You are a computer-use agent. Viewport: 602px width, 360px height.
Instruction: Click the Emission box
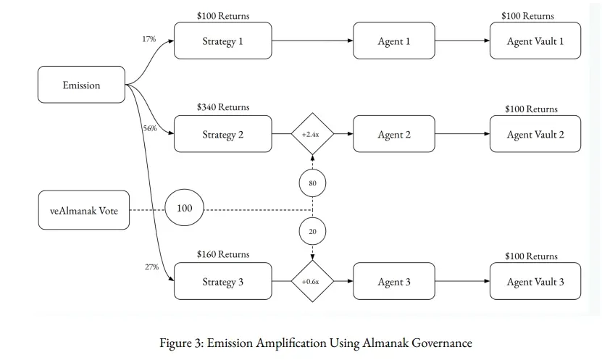pos(81,85)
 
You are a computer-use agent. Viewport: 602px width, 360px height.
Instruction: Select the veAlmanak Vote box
pos(84,210)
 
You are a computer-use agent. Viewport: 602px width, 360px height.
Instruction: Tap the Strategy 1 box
pos(222,41)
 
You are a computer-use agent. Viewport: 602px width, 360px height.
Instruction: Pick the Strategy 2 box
pos(222,134)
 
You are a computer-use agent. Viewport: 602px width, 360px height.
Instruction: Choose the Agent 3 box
pos(394,281)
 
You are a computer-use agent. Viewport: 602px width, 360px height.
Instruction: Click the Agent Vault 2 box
pos(535,134)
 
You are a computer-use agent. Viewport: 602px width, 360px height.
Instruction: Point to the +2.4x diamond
pos(312,134)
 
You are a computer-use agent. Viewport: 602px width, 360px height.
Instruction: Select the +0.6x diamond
pos(312,281)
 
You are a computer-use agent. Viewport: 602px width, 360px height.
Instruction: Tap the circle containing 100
pos(184,208)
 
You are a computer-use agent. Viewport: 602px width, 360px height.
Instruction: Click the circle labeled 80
pos(312,183)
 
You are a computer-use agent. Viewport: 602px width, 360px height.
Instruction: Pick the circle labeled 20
pos(312,232)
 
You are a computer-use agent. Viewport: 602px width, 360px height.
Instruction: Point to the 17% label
pos(149,39)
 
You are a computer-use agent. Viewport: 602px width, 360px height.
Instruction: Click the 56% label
pos(150,128)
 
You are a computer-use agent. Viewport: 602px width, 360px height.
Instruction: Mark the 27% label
pos(151,267)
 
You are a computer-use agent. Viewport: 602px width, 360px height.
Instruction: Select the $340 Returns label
pos(223,107)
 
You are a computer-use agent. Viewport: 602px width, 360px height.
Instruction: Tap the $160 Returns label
pos(223,254)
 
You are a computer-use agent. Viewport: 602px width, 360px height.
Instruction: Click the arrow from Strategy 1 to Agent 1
pos(312,41)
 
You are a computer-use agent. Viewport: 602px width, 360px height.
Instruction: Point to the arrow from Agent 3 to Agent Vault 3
pos(462,281)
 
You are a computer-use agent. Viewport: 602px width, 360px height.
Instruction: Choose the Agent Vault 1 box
pos(535,41)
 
